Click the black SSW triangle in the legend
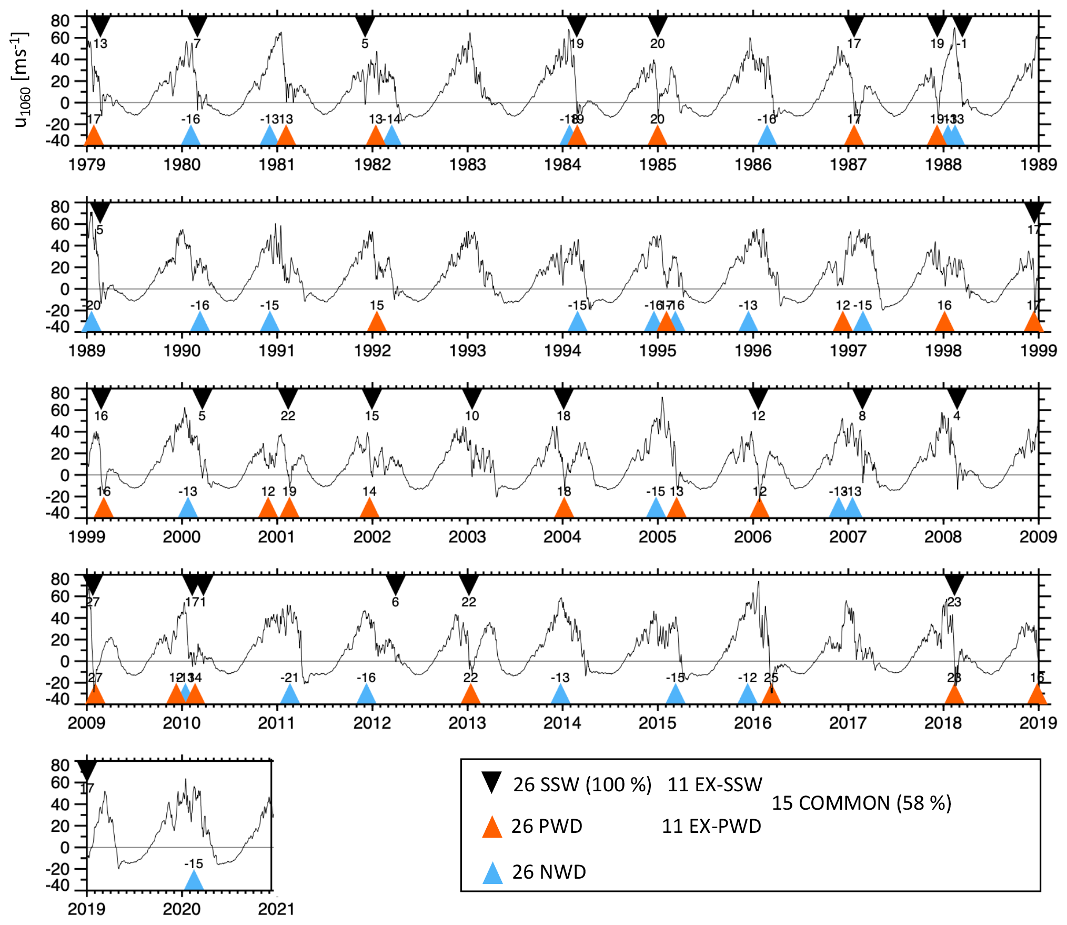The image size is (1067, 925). [492, 782]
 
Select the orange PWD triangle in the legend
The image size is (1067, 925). [492, 827]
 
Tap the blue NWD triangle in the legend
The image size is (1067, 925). [492, 873]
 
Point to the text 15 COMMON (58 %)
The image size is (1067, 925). [861, 803]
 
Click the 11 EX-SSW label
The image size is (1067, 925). [714, 785]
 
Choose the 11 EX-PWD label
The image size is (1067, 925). [711, 827]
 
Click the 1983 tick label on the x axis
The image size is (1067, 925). [467, 165]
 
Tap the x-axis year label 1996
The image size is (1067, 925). [753, 351]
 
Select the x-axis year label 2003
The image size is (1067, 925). [467, 537]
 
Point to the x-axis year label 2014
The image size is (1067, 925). [562, 723]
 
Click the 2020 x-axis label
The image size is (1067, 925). [182, 909]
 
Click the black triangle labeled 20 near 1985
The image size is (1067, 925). [658, 26]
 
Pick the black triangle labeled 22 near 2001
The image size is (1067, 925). [288, 398]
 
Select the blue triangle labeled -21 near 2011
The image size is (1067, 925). [290, 694]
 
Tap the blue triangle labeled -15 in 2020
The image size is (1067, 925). [194, 881]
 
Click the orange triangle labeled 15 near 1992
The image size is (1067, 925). [377, 322]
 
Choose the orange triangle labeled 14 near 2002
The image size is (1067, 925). [369, 508]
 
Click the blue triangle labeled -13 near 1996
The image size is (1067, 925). [748, 322]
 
